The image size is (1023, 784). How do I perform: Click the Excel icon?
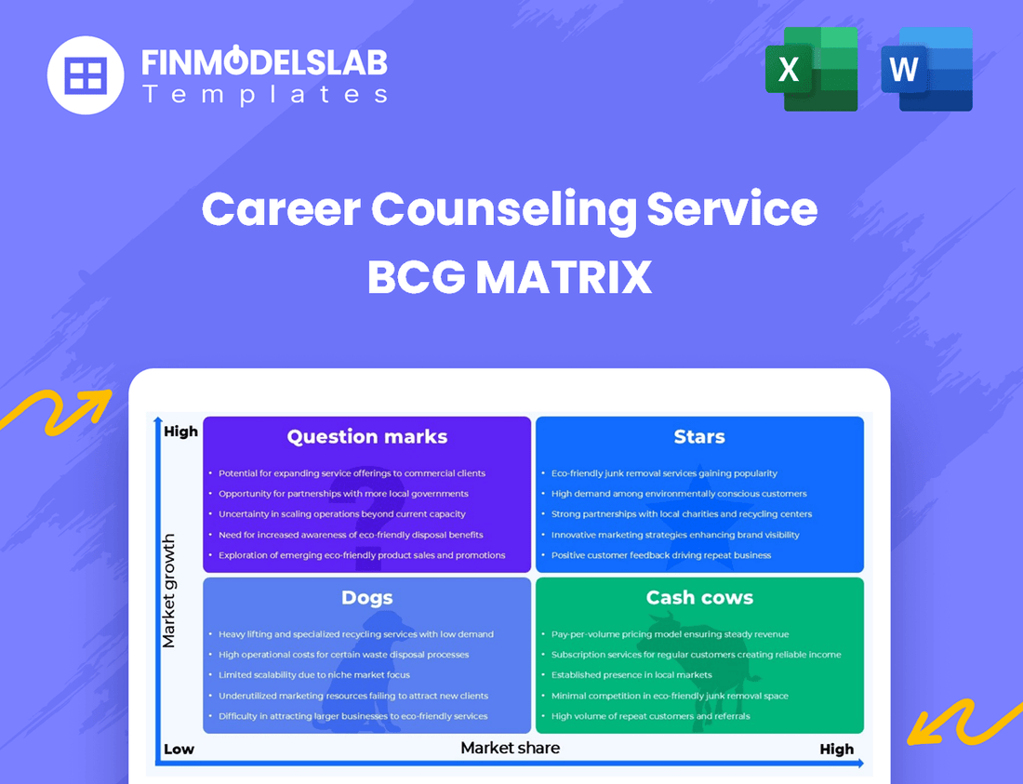point(811,70)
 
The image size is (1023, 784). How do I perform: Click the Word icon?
point(926,70)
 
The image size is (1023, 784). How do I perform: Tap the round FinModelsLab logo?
point(86,74)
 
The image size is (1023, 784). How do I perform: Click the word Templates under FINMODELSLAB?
point(264,94)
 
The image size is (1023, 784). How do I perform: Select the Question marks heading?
point(367,437)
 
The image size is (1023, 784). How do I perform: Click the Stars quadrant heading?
point(699,437)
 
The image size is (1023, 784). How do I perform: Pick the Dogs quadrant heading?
point(367,598)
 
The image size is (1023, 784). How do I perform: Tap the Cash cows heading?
point(699,598)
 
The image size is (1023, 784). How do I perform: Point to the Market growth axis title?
point(169,591)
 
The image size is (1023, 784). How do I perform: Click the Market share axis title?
point(511,748)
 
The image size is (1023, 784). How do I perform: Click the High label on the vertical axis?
point(180,432)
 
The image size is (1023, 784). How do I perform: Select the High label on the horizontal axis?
point(836,749)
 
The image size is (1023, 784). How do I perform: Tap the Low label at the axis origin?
point(179,749)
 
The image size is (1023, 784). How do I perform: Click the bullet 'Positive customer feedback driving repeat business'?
point(661,555)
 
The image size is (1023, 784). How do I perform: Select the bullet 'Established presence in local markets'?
point(631,675)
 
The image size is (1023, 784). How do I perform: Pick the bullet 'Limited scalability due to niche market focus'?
point(314,675)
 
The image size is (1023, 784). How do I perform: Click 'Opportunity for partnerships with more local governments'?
point(343,494)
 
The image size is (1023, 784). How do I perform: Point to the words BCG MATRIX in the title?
point(510,277)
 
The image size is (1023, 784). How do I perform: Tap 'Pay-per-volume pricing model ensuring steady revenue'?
point(670,634)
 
